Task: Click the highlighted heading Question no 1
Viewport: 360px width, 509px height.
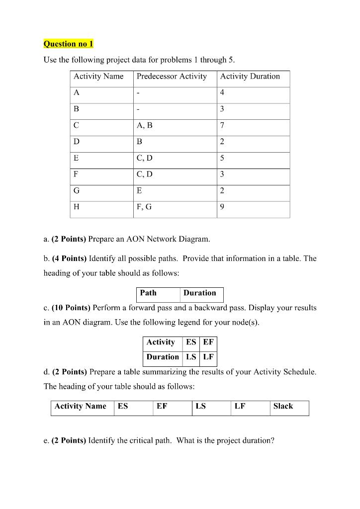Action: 68,44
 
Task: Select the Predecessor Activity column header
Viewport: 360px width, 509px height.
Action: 172,77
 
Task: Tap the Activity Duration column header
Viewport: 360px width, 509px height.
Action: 250,77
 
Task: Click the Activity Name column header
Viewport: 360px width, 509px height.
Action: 98,77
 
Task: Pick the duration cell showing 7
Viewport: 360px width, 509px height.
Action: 222,126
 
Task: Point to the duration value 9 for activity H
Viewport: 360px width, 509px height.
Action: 222,208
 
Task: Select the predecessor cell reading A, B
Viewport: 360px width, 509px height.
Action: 145,126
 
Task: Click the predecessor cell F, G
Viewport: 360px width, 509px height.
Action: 144,208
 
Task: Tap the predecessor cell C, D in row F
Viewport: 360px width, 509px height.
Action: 145,175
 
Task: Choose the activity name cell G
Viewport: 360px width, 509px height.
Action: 77,191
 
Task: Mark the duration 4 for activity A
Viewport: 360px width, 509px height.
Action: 222,93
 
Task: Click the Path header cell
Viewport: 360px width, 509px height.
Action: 148,293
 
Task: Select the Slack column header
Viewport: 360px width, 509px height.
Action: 283,406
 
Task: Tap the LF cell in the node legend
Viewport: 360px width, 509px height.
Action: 207,357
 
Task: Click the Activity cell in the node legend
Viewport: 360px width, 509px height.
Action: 161,342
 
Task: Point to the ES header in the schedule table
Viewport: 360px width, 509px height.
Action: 123,406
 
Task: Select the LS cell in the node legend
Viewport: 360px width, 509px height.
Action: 190,357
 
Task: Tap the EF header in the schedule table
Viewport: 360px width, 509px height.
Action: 162,406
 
